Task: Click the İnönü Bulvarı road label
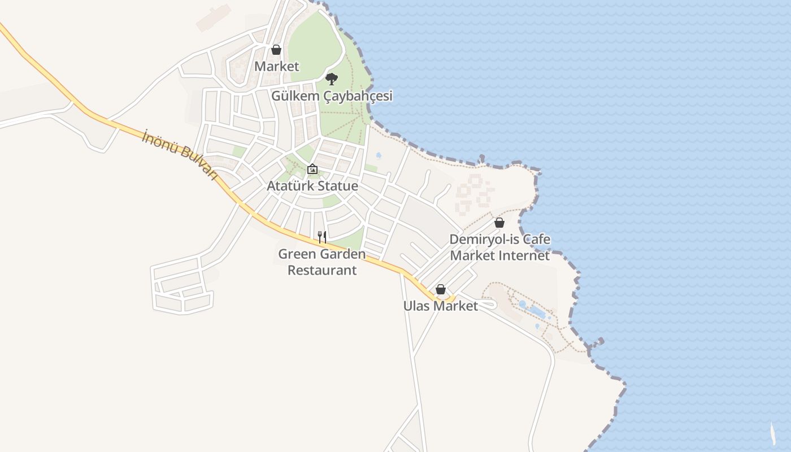180,154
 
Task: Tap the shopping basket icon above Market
276,50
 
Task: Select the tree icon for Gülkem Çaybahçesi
332,79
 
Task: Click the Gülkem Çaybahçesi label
332,96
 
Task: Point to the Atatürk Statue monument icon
312,169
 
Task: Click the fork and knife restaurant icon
322,237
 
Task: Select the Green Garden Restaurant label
322,262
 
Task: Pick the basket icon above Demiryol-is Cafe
499,223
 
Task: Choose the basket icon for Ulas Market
441,289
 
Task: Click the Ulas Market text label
441,306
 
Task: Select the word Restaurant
322,270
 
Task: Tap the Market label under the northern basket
276,66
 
